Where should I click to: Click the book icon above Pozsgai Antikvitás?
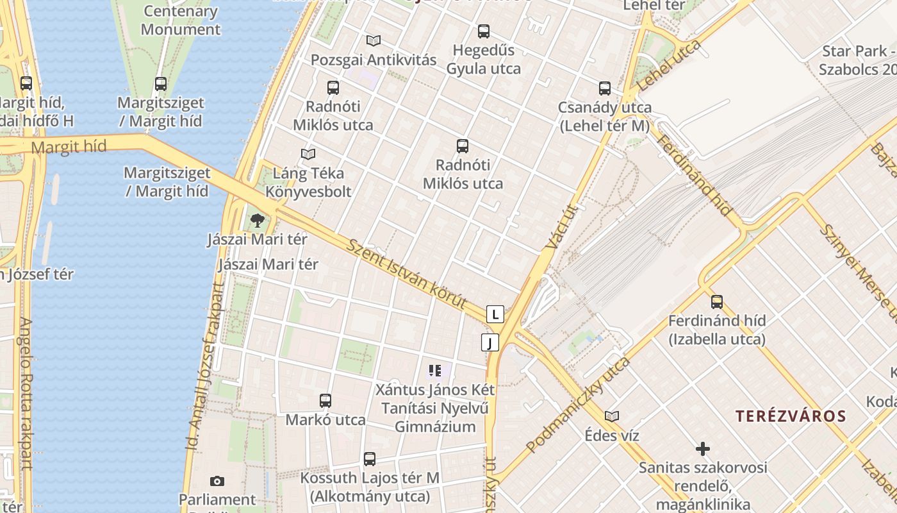tap(374, 41)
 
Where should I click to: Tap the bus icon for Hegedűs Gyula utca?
tap(484, 31)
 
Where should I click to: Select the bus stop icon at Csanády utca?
tap(605, 88)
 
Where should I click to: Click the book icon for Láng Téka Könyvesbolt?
tap(308, 154)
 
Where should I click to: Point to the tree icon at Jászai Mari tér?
tap(257, 221)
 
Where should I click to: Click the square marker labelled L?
tap(495, 314)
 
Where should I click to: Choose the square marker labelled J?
tap(490, 342)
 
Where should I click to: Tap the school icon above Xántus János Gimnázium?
tap(435, 371)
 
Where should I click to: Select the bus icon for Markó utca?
tap(325, 401)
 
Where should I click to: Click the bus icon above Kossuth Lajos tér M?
tap(370, 459)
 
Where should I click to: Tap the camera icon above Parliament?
tap(217, 481)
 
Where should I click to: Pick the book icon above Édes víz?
tap(612, 417)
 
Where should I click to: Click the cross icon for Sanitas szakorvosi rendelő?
tap(703, 449)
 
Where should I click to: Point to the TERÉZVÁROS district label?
tap(791, 416)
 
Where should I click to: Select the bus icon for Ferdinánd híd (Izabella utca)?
tap(717, 301)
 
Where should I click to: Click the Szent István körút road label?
tap(406, 274)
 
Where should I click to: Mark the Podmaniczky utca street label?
tap(578, 405)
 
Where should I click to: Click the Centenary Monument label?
tap(181, 20)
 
